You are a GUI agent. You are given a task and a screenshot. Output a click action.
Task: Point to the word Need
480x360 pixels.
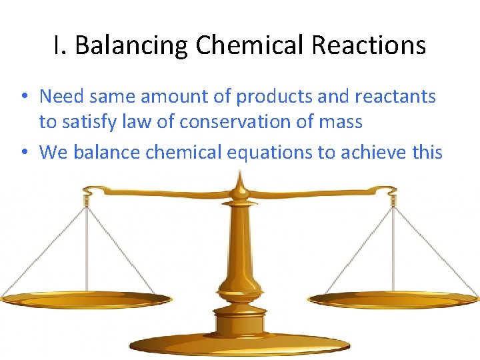[x=61, y=96]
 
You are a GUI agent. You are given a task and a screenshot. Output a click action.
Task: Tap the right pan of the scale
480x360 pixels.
[x=393, y=299]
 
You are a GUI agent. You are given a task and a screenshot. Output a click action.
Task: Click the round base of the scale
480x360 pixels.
[x=240, y=344]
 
